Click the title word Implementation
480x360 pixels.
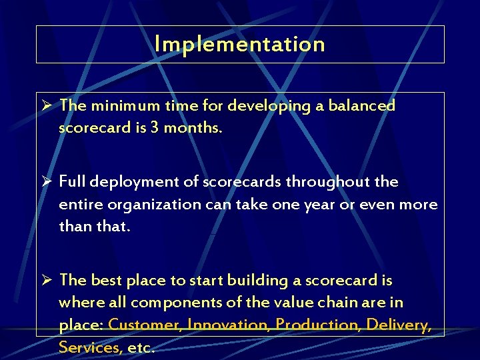(239, 44)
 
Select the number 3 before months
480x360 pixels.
(155, 127)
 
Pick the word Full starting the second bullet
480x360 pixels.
(73, 181)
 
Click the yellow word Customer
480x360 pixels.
(145, 325)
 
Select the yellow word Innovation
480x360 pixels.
(229, 325)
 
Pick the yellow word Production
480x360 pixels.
(317, 325)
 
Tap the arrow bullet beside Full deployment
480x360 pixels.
(46, 181)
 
